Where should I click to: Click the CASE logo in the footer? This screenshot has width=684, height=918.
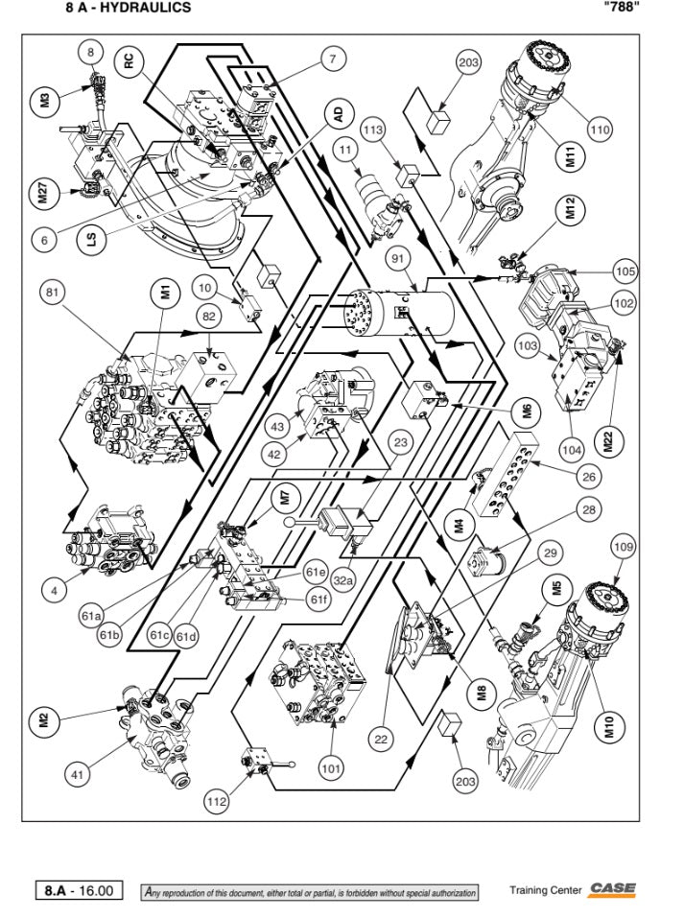point(613,889)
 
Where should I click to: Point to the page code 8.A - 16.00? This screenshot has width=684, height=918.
point(79,891)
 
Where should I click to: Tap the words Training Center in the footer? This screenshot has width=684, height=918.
point(545,890)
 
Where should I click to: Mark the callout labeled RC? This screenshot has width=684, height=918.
point(130,62)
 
